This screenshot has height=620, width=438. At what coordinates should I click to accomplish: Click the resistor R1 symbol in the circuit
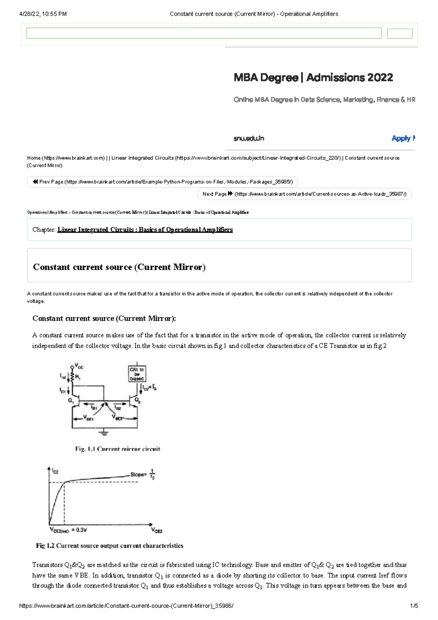[73, 377]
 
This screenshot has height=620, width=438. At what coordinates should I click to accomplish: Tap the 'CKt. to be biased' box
[137, 374]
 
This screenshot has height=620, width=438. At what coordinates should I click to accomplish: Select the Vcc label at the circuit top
[79, 366]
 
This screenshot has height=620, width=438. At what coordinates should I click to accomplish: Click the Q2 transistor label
[138, 400]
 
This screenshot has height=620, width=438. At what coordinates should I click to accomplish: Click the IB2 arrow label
[118, 407]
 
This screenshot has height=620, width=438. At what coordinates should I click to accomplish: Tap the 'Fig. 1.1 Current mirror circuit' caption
[118, 449]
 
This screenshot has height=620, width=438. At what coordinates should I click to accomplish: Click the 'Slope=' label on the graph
[138, 475]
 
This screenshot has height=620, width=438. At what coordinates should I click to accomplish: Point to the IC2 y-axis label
[55, 471]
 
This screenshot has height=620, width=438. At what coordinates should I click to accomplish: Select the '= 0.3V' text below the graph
[79, 530]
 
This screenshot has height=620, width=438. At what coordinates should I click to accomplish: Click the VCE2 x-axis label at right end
[157, 530]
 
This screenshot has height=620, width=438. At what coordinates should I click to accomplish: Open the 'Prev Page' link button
[162, 182]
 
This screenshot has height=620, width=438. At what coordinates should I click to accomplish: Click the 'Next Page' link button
[304, 194]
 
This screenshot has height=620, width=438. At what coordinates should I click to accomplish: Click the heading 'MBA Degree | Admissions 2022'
[313, 77]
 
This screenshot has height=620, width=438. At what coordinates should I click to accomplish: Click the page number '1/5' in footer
[414, 606]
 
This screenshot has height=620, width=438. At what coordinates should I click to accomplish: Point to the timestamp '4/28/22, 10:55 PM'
[43, 14]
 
